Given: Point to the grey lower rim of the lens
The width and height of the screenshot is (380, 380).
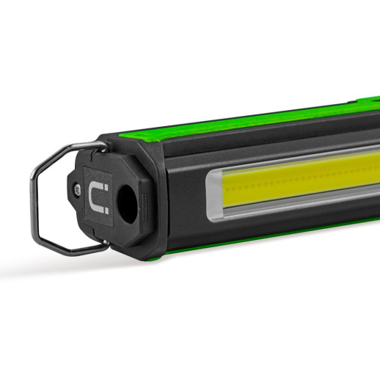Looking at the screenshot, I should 293,209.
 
